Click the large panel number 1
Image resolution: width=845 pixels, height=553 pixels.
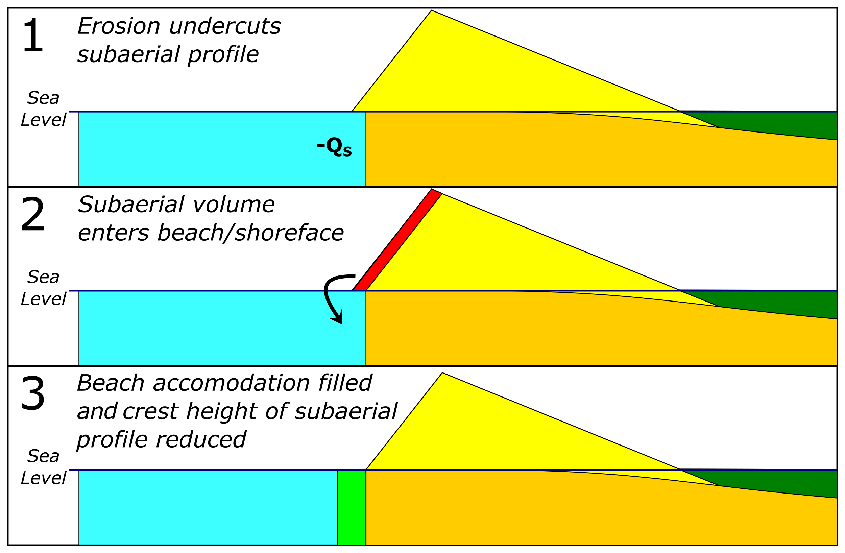click(33, 35)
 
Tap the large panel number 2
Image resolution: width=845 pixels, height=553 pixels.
click(33, 215)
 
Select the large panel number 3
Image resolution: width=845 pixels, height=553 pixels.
click(33, 393)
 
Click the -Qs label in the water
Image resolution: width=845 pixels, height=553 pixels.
click(334, 147)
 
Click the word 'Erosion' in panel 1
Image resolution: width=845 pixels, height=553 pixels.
click(119, 26)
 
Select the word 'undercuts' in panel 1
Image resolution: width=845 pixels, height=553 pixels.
click(225, 26)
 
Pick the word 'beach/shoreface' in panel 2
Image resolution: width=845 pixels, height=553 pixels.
click(250, 233)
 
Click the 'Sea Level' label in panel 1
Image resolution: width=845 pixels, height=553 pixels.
click(43, 109)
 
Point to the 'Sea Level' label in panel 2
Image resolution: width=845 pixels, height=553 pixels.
click(43, 288)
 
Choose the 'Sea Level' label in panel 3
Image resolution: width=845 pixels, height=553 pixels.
click(43, 467)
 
